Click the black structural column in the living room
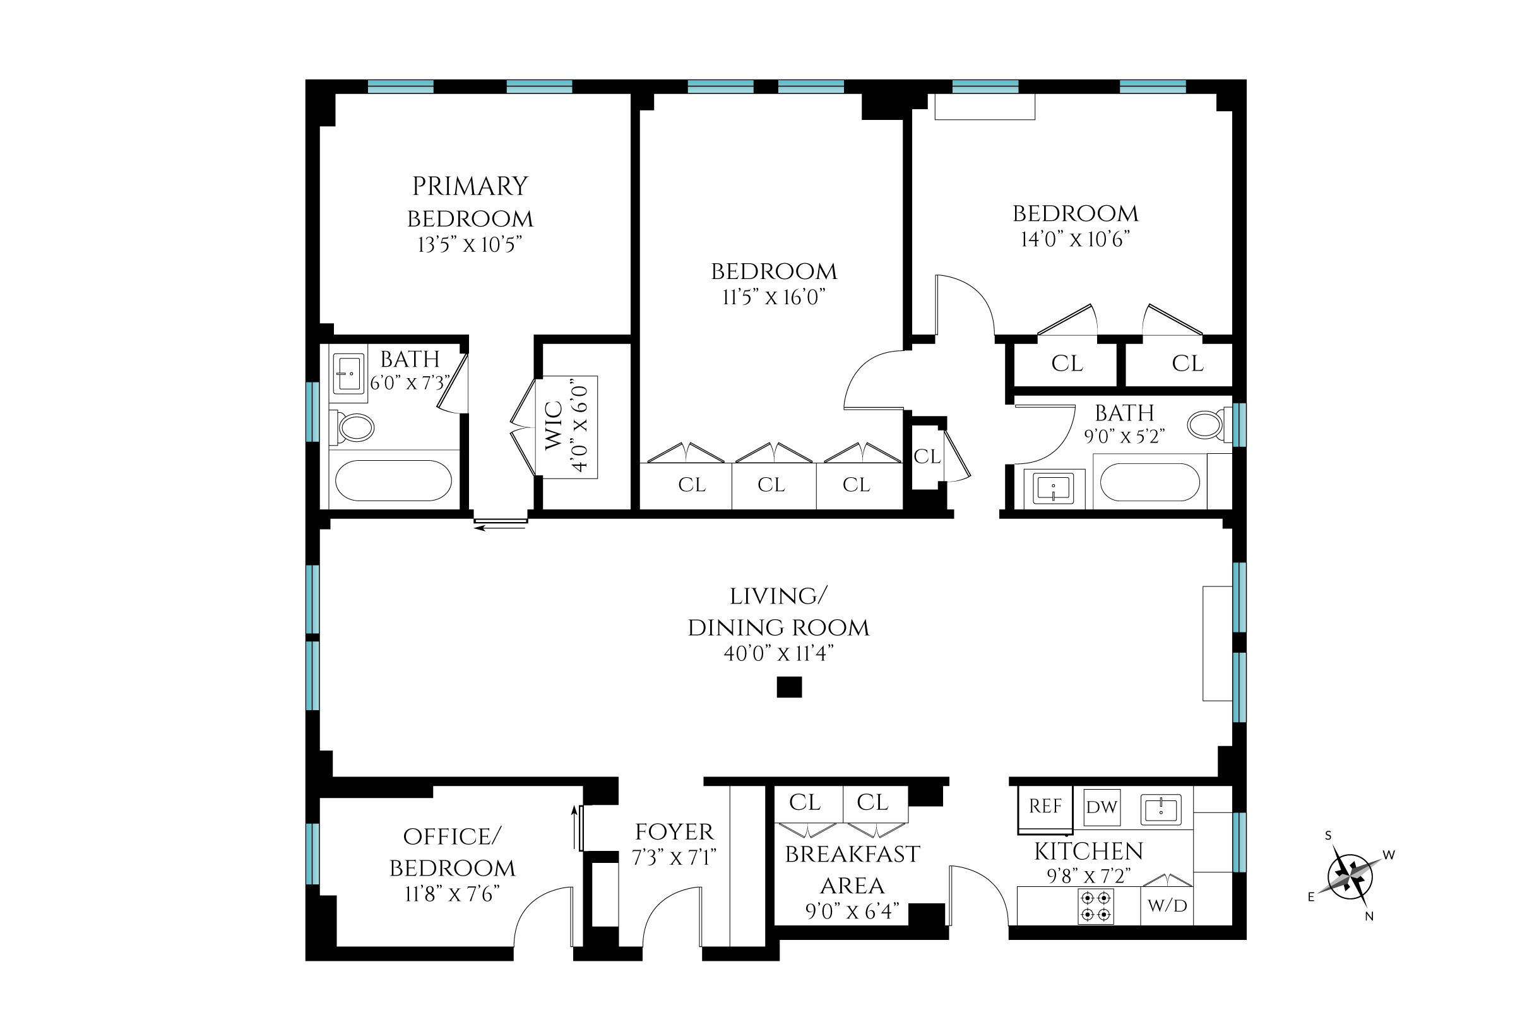(x=789, y=687)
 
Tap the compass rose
(x=1350, y=877)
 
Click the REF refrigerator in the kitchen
(x=1045, y=807)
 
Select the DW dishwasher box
(x=1102, y=807)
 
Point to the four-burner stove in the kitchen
(x=1096, y=906)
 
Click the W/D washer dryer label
(x=1167, y=906)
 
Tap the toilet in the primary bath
(x=354, y=427)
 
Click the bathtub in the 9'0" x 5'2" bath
(x=1150, y=482)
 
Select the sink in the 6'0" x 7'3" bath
(x=348, y=374)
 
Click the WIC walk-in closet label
(x=554, y=427)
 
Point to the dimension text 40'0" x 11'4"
(x=778, y=653)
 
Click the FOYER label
(x=674, y=831)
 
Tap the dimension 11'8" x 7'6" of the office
(x=452, y=894)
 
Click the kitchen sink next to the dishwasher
(x=1161, y=810)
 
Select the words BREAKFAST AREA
(x=852, y=869)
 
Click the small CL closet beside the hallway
(x=927, y=456)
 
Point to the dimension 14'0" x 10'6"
(x=1075, y=240)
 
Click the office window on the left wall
(x=312, y=853)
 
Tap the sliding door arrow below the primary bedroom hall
(x=500, y=528)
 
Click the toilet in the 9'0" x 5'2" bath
(x=1206, y=425)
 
